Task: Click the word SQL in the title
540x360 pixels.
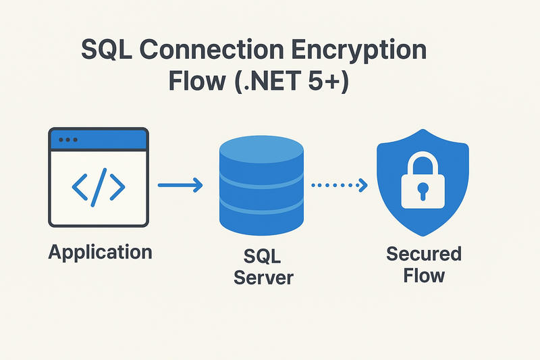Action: (108, 51)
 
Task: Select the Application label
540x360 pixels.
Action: (100, 253)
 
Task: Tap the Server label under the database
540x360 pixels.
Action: (263, 276)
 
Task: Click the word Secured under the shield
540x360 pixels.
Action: (423, 254)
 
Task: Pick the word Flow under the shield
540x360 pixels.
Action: (424, 275)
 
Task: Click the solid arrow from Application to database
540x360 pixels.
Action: (180, 184)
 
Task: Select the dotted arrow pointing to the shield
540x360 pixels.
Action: (338, 184)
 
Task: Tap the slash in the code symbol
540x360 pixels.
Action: (99, 185)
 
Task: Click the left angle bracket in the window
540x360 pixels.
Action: (80, 185)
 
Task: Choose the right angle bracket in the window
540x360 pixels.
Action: (117, 185)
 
